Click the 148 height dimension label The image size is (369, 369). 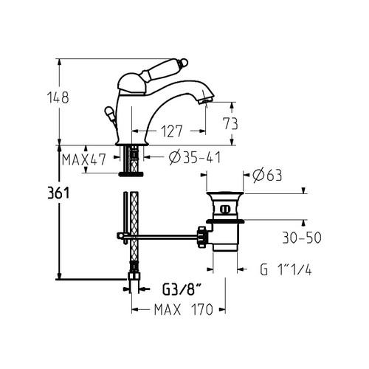58,97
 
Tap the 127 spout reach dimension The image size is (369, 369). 171,131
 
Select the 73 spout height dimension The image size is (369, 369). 230,123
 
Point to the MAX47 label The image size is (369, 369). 84,159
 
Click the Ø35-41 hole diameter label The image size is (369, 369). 195,157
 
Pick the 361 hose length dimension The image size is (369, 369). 58,193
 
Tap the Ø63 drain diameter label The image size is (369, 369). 267,175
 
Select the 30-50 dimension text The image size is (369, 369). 302,238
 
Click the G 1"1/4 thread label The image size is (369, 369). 286,269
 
